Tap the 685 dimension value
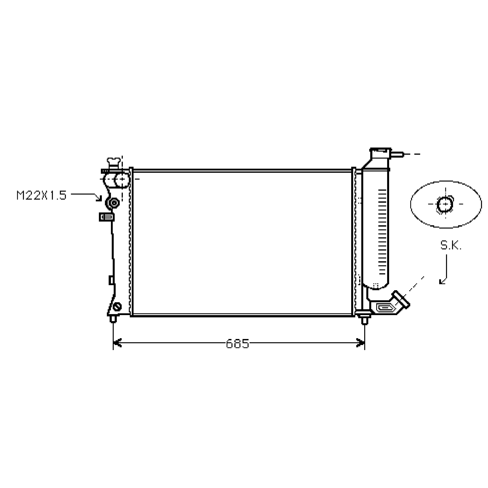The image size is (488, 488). click(x=238, y=344)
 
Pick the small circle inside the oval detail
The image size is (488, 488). click(x=445, y=204)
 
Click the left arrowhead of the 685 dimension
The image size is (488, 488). click(x=117, y=343)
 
